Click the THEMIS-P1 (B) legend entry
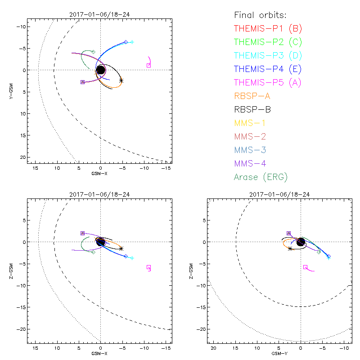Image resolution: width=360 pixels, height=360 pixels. pyautogui.click(x=268, y=29)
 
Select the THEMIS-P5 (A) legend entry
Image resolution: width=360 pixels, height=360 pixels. pyautogui.click(x=268, y=82)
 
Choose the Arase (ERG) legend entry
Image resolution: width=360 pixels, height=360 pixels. pyautogui.click(x=261, y=177)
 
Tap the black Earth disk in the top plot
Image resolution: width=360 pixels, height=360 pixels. pyautogui.click(x=100, y=70)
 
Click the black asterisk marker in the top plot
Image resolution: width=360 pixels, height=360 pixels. pyautogui.click(x=121, y=81)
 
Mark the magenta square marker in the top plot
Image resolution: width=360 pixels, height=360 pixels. pyautogui.click(x=148, y=65)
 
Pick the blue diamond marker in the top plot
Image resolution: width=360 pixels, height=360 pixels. pyautogui.click(x=126, y=42)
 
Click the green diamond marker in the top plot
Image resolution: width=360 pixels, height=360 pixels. pyautogui.click(x=93, y=52)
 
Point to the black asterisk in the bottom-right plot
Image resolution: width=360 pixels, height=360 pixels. pyautogui.click(x=290, y=248)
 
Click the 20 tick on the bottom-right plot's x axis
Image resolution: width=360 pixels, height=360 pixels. pyautogui.click(x=214, y=349)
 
